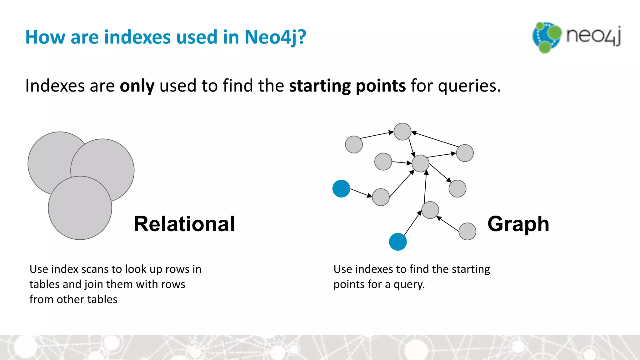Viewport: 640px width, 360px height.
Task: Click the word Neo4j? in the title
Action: pos(275,37)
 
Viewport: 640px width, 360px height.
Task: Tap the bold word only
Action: pos(137,86)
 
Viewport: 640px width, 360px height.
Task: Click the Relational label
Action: pos(184,224)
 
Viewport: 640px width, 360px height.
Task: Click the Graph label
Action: pos(518,224)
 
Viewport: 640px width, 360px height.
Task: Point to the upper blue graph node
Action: pos(341,189)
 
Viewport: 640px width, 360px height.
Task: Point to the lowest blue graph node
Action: pos(398,242)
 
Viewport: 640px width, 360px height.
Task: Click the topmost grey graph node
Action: pos(402,132)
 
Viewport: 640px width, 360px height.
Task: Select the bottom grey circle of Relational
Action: pos(80,208)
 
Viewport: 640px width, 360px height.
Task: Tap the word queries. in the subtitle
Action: pos(469,86)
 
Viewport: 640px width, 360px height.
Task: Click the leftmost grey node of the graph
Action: pos(354,144)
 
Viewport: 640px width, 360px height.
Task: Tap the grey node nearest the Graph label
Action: pos(467,231)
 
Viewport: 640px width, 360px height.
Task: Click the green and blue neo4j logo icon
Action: pos(546,37)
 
